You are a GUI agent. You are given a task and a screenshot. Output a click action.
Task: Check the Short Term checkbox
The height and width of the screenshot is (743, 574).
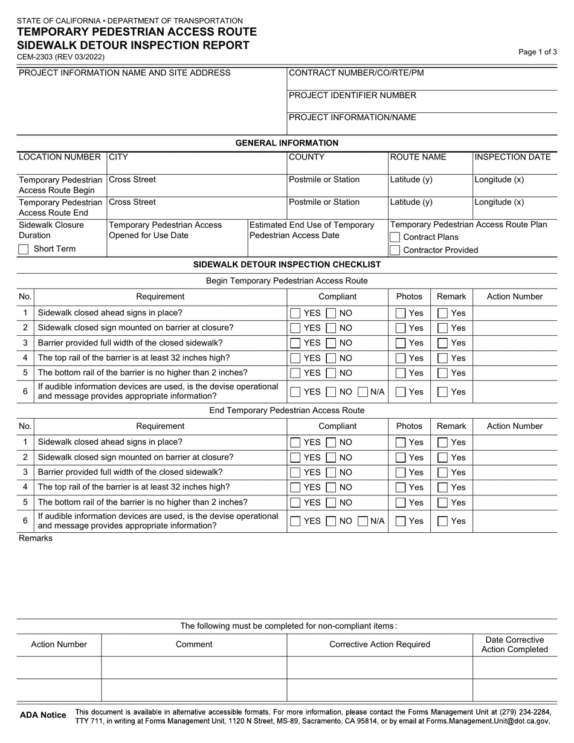pyautogui.click(x=24, y=249)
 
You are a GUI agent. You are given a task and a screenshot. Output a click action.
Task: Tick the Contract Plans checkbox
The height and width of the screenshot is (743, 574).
pyautogui.click(x=395, y=237)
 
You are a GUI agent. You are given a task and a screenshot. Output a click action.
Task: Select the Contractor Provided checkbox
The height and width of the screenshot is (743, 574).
pyautogui.click(x=395, y=250)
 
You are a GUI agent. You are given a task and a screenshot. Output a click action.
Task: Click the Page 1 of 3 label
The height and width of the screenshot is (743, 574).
pyautogui.click(x=538, y=52)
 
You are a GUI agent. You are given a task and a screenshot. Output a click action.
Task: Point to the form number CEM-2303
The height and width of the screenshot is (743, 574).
pyautogui.click(x=60, y=57)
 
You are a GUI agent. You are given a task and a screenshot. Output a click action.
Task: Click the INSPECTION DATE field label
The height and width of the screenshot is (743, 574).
pyautogui.click(x=512, y=157)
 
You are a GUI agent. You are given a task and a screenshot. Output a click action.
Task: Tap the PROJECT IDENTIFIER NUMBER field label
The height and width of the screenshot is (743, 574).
pyautogui.click(x=352, y=95)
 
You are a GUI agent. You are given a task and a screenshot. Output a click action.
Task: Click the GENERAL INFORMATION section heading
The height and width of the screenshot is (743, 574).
pyautogui.click(x=286, y=143)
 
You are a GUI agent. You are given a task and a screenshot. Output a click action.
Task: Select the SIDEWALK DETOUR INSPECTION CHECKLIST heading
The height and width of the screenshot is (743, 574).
pyautogui.click(x=286, y=265)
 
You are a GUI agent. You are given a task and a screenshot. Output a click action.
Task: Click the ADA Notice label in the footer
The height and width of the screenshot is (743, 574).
pyautogui.click(x=43, y=715)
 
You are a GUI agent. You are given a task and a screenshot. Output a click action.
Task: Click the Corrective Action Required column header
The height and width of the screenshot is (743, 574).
pyautogui.click(x=379, y=645)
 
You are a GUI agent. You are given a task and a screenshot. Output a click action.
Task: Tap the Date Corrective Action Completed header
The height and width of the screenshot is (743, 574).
pyautogui.click(x=514, y=645)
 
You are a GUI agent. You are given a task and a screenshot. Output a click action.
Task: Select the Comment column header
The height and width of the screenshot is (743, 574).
pyautogui.click(x=194, y=645)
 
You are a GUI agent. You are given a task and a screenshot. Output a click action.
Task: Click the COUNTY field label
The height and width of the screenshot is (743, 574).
pyautogui.click(x=307, y=157)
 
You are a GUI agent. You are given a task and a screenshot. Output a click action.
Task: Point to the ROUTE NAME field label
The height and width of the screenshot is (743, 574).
pyautogui.click(x=418, y=157)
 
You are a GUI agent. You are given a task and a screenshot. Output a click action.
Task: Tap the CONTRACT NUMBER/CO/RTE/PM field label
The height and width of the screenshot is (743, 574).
pyautogui.click(x=356, y=73)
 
